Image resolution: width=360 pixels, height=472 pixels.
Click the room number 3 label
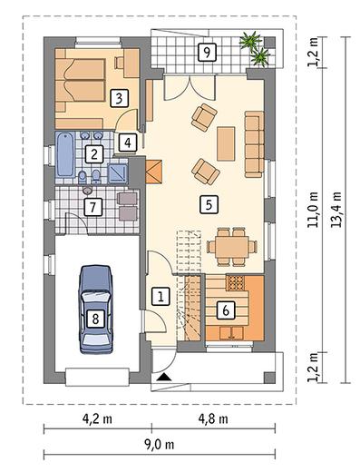point(119,98)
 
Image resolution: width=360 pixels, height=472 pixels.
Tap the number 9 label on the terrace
point(207,52)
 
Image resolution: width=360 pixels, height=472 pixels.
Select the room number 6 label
point(226,310)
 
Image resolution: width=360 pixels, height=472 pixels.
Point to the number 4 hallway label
point(128,143)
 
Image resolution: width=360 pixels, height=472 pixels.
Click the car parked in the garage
point(95,310)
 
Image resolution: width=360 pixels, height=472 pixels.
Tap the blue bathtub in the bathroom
point(66,155)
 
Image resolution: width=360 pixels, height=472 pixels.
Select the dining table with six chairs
point(232,247)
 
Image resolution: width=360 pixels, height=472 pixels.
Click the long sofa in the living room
point(254,144)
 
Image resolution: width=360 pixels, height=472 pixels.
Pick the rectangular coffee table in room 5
point(226,143)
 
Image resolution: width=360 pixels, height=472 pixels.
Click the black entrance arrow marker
point(164,377)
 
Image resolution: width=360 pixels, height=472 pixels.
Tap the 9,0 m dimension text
point(159,445)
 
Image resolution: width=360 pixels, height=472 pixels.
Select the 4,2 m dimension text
point(97,419)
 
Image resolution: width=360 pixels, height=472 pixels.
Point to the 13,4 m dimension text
point(336,210)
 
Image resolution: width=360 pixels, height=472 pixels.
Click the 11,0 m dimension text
point(313,210)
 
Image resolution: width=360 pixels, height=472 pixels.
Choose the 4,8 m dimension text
point(213,419)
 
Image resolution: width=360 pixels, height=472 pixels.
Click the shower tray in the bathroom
point(118,173)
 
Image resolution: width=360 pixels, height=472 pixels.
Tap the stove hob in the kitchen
point(235,282)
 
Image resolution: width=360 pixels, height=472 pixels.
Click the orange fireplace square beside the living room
point(154,172)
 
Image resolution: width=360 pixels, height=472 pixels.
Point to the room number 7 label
point(92,207)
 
